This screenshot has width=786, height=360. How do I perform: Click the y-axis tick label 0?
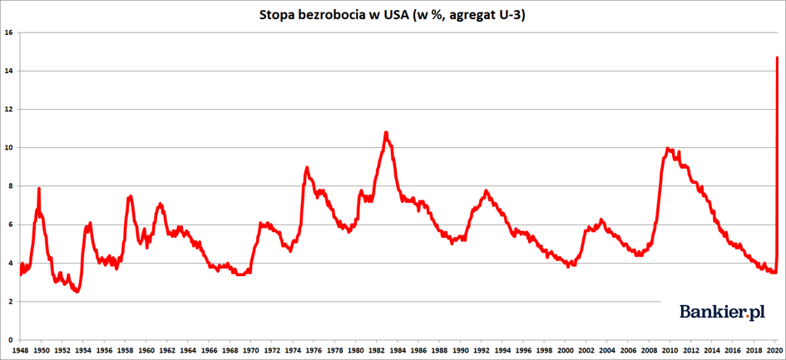[10, 340]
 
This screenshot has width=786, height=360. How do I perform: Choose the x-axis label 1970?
[250, 350]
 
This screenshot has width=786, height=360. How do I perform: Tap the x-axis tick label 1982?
[377, 350]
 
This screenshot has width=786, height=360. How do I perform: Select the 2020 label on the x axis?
[775, 350]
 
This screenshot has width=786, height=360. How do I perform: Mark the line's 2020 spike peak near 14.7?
[777, 57]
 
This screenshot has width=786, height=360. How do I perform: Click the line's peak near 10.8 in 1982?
[386, 132]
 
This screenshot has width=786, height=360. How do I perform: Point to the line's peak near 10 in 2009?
[668, 149]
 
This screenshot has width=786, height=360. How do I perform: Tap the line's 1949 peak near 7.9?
[39, 189]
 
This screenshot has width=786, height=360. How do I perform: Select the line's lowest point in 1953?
[77, 292]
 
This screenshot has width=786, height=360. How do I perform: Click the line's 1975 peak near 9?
[307, 167]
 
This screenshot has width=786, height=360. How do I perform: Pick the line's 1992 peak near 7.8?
[487, 191]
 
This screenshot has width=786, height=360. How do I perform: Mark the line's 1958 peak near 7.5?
[131, 197]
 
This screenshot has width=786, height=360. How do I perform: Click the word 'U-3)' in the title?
[512, 15]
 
